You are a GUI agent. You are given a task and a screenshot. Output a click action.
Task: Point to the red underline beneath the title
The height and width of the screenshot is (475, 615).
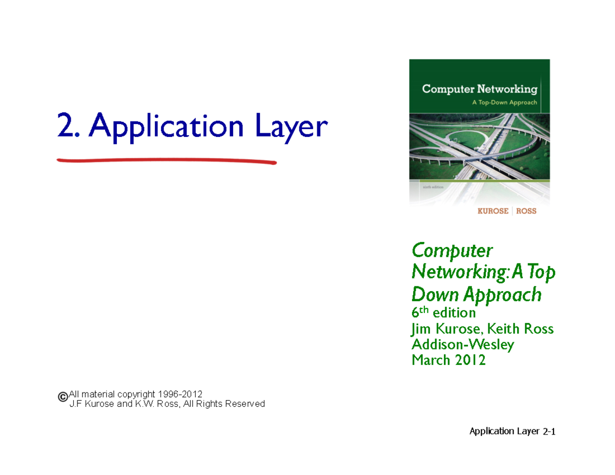click(167, 161)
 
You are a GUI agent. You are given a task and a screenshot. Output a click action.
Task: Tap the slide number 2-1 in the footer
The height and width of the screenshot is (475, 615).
click(549, 432)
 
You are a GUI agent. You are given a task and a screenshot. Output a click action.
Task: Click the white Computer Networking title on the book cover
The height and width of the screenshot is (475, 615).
click(479, 89)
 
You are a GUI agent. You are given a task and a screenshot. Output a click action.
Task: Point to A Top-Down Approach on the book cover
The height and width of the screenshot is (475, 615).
click(504, 102)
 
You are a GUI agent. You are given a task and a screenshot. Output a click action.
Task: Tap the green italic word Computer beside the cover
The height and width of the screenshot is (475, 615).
click(452, 251)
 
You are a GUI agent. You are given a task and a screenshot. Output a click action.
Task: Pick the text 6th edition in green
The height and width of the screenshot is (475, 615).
click(444, 312)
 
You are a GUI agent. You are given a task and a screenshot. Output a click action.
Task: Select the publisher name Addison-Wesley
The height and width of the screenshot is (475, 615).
click(463, 344)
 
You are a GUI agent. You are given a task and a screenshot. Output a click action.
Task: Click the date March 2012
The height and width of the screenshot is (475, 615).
click(448, 361)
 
